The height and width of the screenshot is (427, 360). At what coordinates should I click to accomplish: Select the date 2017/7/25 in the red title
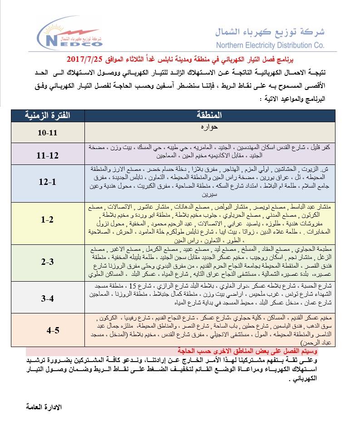(85, 60)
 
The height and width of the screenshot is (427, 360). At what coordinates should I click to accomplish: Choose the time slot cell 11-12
(48, 155)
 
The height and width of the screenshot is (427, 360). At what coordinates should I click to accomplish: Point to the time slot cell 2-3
(48, 262)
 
